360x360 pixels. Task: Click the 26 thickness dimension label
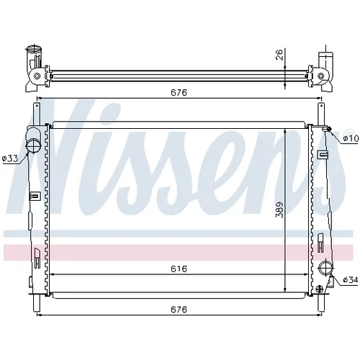point(280,55)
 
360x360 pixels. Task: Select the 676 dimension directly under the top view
point(179,92)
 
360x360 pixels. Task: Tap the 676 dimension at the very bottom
point(179,310)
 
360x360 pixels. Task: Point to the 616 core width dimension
point(179,269)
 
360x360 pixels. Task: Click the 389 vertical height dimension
point(280,210)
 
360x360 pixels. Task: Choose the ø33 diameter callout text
point(10,158)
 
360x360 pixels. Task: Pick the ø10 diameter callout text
point(351,138)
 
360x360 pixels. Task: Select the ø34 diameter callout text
point(351,279)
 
